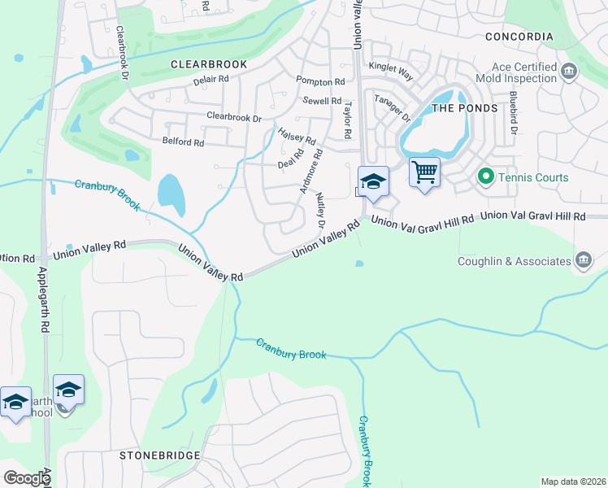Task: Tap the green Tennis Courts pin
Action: tap(486, 176)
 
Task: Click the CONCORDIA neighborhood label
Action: tap(519, 37)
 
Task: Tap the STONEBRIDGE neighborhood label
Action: tap(159, 455)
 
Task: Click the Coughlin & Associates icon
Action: tap(584, 260)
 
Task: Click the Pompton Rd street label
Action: tap(320, 82)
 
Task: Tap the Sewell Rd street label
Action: tap(322, 101)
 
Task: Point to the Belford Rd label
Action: tap(183, 142)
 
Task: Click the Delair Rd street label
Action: tap(211, 81)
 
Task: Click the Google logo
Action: tap(26, 478)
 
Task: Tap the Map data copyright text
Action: tap(572, 481)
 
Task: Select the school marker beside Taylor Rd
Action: tap(373, 181)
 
